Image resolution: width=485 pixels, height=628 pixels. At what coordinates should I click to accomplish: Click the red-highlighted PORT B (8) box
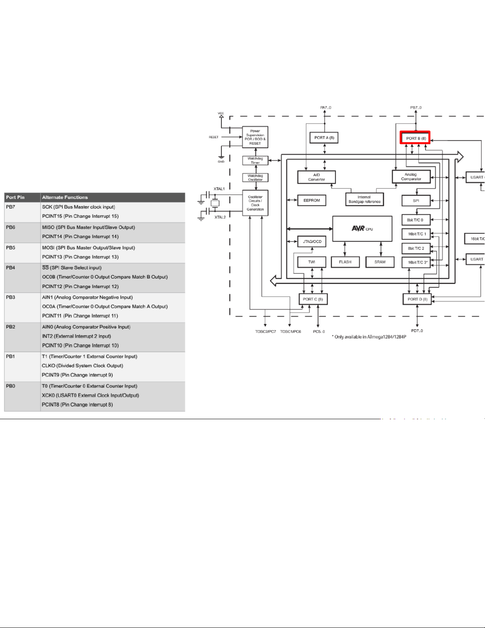[415, 138]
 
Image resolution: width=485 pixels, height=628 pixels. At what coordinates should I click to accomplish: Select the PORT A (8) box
[324, 137]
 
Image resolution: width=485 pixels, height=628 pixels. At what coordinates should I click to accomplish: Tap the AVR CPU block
[362, 229]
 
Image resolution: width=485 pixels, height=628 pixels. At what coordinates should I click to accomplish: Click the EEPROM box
[312, 200]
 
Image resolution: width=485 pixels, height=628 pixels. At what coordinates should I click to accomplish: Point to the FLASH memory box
[345, 262]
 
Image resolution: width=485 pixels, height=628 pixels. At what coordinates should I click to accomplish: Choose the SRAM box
[380, 262]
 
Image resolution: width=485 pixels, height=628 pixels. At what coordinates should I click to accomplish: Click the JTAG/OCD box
[312, 241]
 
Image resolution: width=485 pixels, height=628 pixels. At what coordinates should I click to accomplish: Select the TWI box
[312, 262]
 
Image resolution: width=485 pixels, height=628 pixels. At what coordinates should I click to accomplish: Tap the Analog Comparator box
[411, 177]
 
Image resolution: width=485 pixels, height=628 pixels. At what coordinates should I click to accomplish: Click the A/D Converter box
[316, 177]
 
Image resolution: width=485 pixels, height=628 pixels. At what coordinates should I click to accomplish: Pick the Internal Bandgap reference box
[364, 199]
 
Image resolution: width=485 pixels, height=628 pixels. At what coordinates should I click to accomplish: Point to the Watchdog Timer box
[255, 160]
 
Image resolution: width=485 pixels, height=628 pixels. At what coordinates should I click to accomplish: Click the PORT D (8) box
[417, 299]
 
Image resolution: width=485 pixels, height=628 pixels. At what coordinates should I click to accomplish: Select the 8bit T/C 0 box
[416, 220]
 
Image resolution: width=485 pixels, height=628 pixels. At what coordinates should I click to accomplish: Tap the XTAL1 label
[219, 189]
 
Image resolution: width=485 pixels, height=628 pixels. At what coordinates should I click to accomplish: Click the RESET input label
[213, 137]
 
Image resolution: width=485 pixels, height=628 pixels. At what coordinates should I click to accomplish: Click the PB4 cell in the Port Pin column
[11, 268]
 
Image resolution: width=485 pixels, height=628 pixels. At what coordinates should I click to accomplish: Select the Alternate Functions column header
[65, 197]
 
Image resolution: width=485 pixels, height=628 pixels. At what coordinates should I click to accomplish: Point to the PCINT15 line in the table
[80, 216]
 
